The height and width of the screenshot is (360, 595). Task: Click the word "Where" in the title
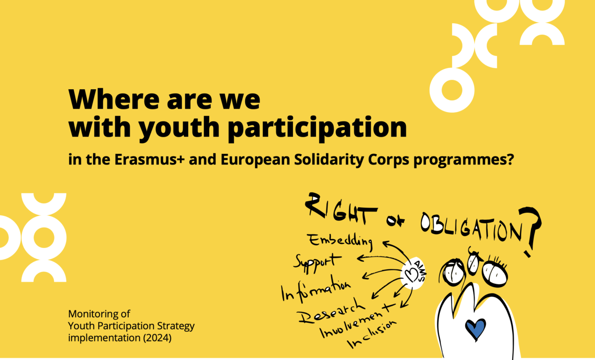tap(114, 99)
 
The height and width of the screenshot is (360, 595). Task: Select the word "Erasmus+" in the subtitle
tap(149, 159)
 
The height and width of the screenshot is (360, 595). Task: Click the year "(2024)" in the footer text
tap(157, 338)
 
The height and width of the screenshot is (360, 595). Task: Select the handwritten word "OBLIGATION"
tap(471, 227)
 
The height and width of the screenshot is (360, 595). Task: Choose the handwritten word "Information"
tap(316, 289)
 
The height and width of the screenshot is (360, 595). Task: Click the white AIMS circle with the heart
tap(413, 273)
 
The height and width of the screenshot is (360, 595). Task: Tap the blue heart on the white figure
tap(476, 329)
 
